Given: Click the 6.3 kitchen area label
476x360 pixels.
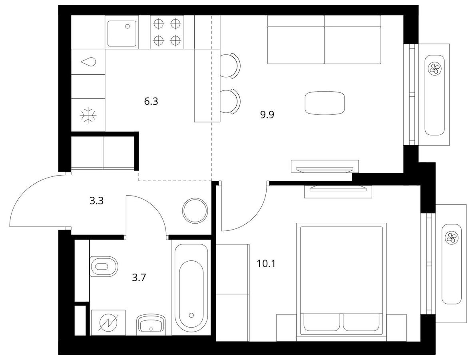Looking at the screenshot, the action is [151, 102].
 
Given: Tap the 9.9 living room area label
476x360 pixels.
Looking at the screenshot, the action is [267, 115].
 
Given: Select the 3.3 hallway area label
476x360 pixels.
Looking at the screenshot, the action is [97, 201].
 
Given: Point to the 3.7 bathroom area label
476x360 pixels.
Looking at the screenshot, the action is [139, 277].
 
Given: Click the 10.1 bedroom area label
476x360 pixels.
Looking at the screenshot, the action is [266, 264].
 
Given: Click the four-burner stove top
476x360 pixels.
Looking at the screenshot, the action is [167, 32].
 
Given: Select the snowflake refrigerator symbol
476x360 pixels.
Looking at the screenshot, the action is [88, 115].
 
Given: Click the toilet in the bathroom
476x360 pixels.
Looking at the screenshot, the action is [104, 266].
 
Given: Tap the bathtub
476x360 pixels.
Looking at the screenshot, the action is [191, 289].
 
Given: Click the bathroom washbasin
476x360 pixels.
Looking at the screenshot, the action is [151, 324].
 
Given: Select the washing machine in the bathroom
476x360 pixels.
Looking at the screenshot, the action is [108, 322].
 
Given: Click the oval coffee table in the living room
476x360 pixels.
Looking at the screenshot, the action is [325, 103].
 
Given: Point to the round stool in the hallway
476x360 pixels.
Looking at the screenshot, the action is [195, 211].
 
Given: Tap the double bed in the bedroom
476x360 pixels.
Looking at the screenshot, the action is [342, 280].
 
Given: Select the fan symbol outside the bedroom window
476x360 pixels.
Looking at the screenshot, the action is [451, 237].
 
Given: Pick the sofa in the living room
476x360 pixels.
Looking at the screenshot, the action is [324, 40].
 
